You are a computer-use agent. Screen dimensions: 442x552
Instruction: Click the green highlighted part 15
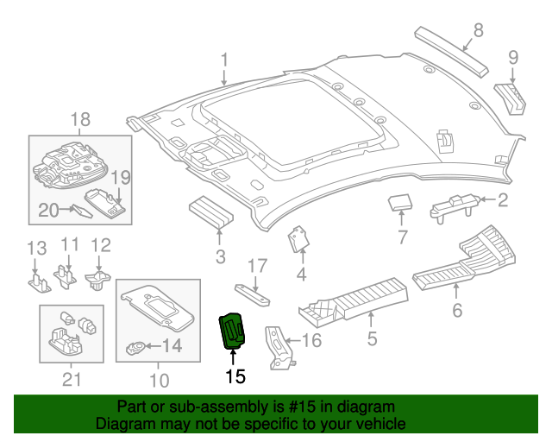233,331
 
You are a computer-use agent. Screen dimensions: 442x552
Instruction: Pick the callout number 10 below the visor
160,379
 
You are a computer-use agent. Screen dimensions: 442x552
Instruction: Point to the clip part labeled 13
38,279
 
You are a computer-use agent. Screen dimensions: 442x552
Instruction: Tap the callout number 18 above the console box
79,119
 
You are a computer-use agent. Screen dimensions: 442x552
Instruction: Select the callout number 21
72,379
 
